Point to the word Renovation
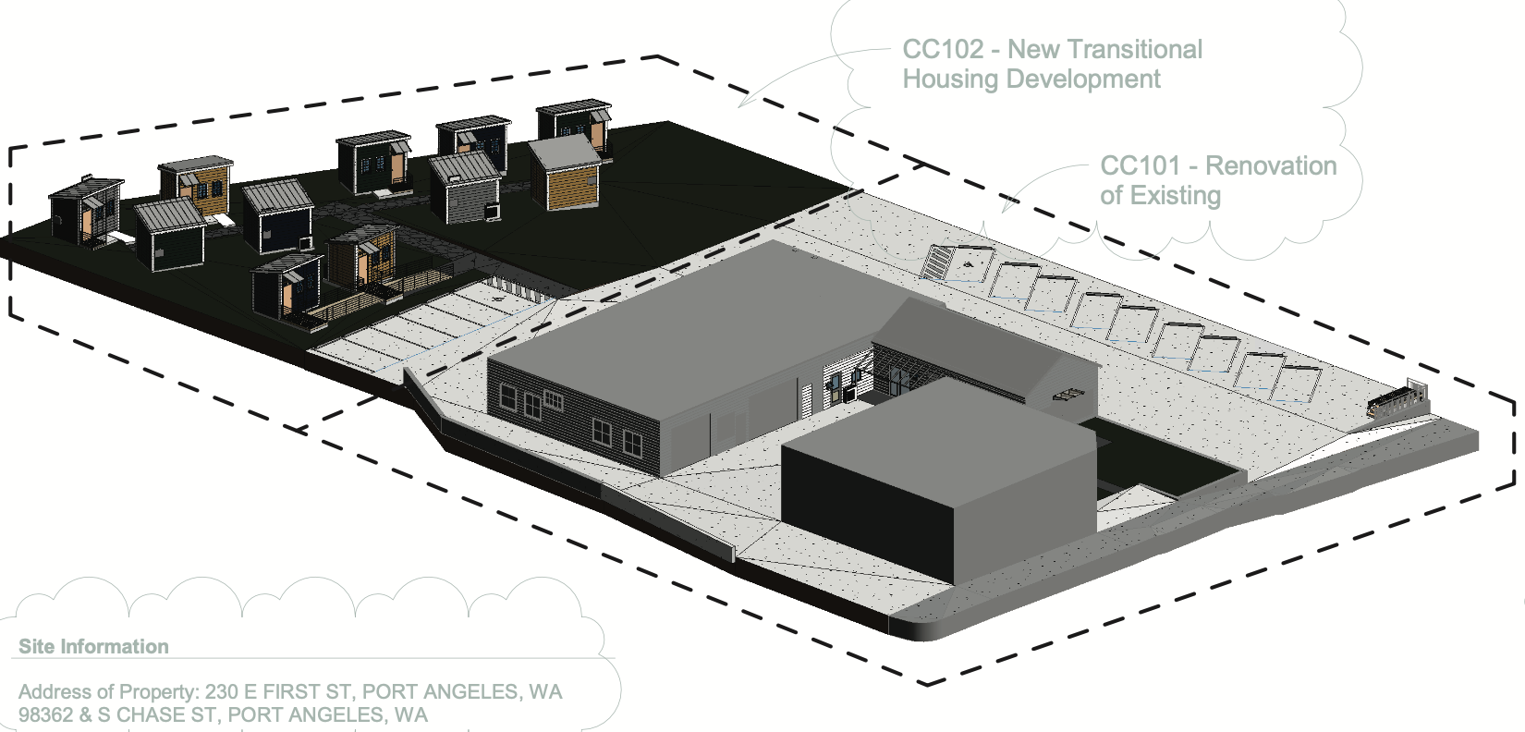tap(1271, 166)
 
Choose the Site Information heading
tap(93, 647)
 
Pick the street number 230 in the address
tap(222, 692)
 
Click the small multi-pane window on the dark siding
tap(553, 400)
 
